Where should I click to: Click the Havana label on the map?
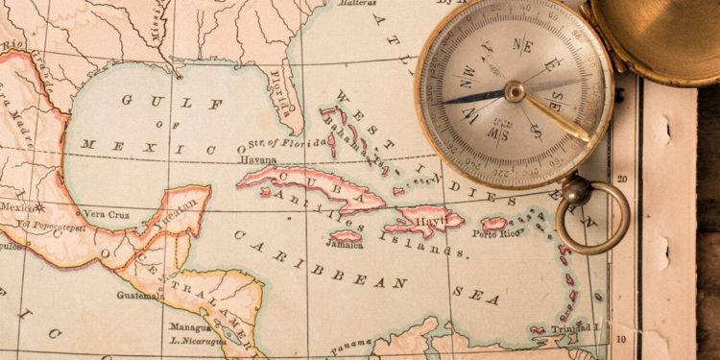pyautogui.click(x=257, y=160)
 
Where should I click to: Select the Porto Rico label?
pyautogui.click(x=495, y=233)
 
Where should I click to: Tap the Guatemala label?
pyautogui.click(x=140, y=296)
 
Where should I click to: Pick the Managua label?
pyautogui.click(x=190, y=327)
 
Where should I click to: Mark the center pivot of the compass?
pyautogui.click(x=516, y=92)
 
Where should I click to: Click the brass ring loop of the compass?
pyautogui.click(x=592, y=217)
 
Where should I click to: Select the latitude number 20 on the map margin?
pyautogui.click(x=622, y=179)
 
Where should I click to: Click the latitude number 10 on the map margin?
pyautogui.click(x=622, y=339)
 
